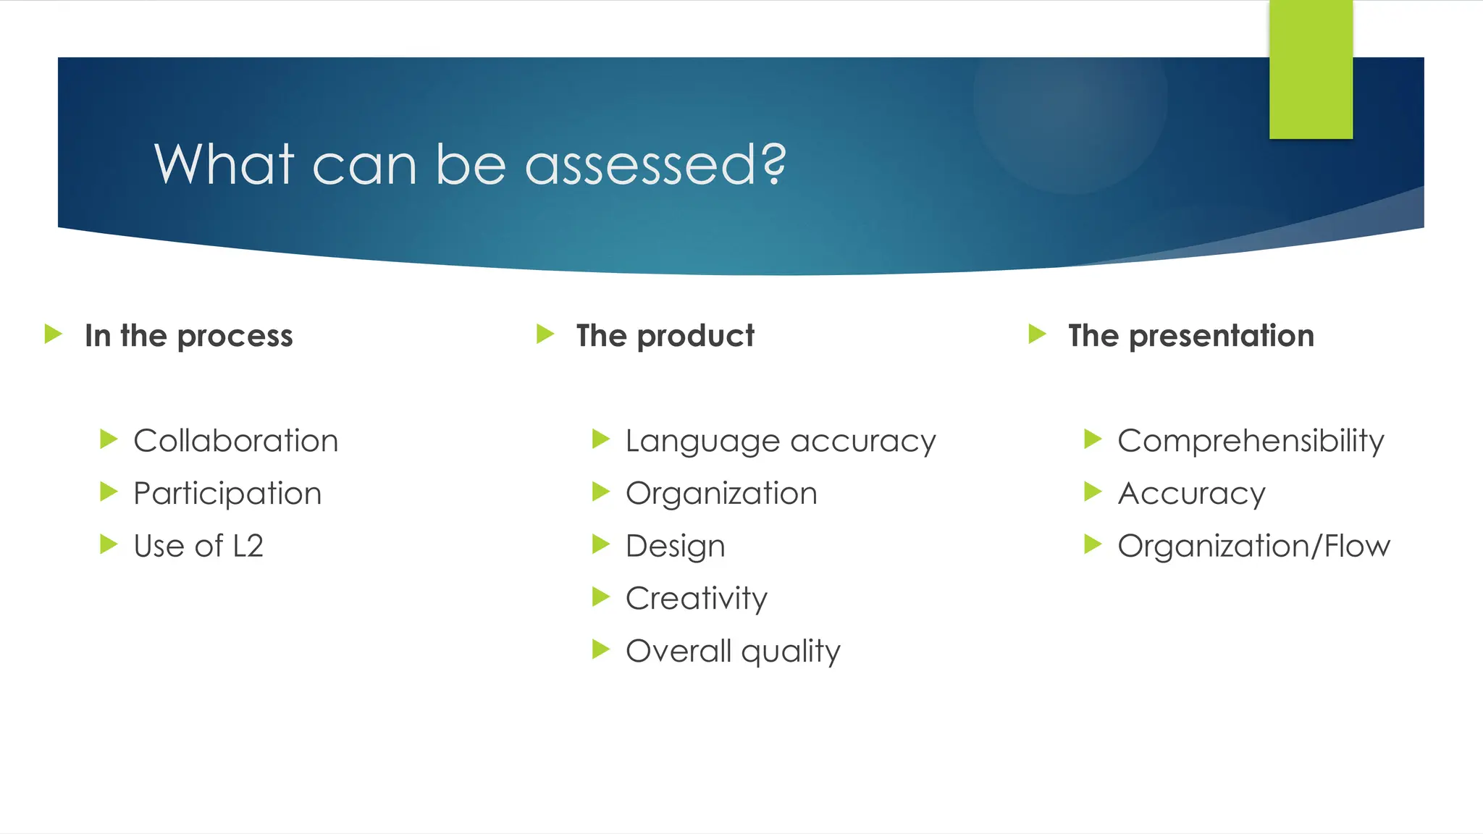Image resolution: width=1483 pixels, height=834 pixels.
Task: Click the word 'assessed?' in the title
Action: pyautogui.click(x=655, y=165)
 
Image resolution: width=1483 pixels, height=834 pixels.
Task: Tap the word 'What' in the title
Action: pyautogui.click(x=224, y=165)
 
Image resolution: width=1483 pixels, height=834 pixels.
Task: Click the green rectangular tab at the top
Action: pyautogui.click(x=1311, y=69)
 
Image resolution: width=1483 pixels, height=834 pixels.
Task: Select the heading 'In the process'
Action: pyautogui.click(x=188, y=336)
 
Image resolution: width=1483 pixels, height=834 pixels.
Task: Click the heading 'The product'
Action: pyautogui.click(x=665, y=336)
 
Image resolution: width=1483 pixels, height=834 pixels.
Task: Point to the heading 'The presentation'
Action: pyautogui.click(x=1190, y=336)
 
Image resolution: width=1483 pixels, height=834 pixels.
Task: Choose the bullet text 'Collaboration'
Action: pyautogui.click(x=235, y=441)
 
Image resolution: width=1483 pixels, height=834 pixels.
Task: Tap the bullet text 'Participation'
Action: pyautogui.click(x=227, y=494)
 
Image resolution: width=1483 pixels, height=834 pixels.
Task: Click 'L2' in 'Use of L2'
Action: pyautogui.click(x=248, y=546)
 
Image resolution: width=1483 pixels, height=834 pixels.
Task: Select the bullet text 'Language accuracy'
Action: pyautogui.click(x=781, y=441)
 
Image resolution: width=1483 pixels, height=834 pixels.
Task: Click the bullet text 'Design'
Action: pyautogui.click(x=675, y=546)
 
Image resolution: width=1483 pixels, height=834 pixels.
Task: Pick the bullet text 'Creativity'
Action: pyautogui.click(x=696, y=599)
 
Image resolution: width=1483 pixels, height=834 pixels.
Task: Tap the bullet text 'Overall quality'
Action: pyautogui.click(x=733, y=651)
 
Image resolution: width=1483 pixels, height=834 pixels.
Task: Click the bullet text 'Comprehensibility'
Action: pyautogui.click(x=1251, y=441)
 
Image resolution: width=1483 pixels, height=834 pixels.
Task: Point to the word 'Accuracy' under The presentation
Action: pyautogui.click(x=1191, y=494)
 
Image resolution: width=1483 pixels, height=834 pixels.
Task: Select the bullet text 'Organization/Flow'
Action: pyautogui.click(x=1253, y=546)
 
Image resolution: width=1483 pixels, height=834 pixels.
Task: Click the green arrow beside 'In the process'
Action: pyautogui.click(x=53, y=334)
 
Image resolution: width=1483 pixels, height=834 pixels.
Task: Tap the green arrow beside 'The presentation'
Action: pyautogui.click(x=1037, y=334)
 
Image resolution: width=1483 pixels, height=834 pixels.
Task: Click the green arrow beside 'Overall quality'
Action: pyautogui.click(x=600, y=649)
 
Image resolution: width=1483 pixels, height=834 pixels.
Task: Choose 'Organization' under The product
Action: pyautogui.click(x=721, y=494)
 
